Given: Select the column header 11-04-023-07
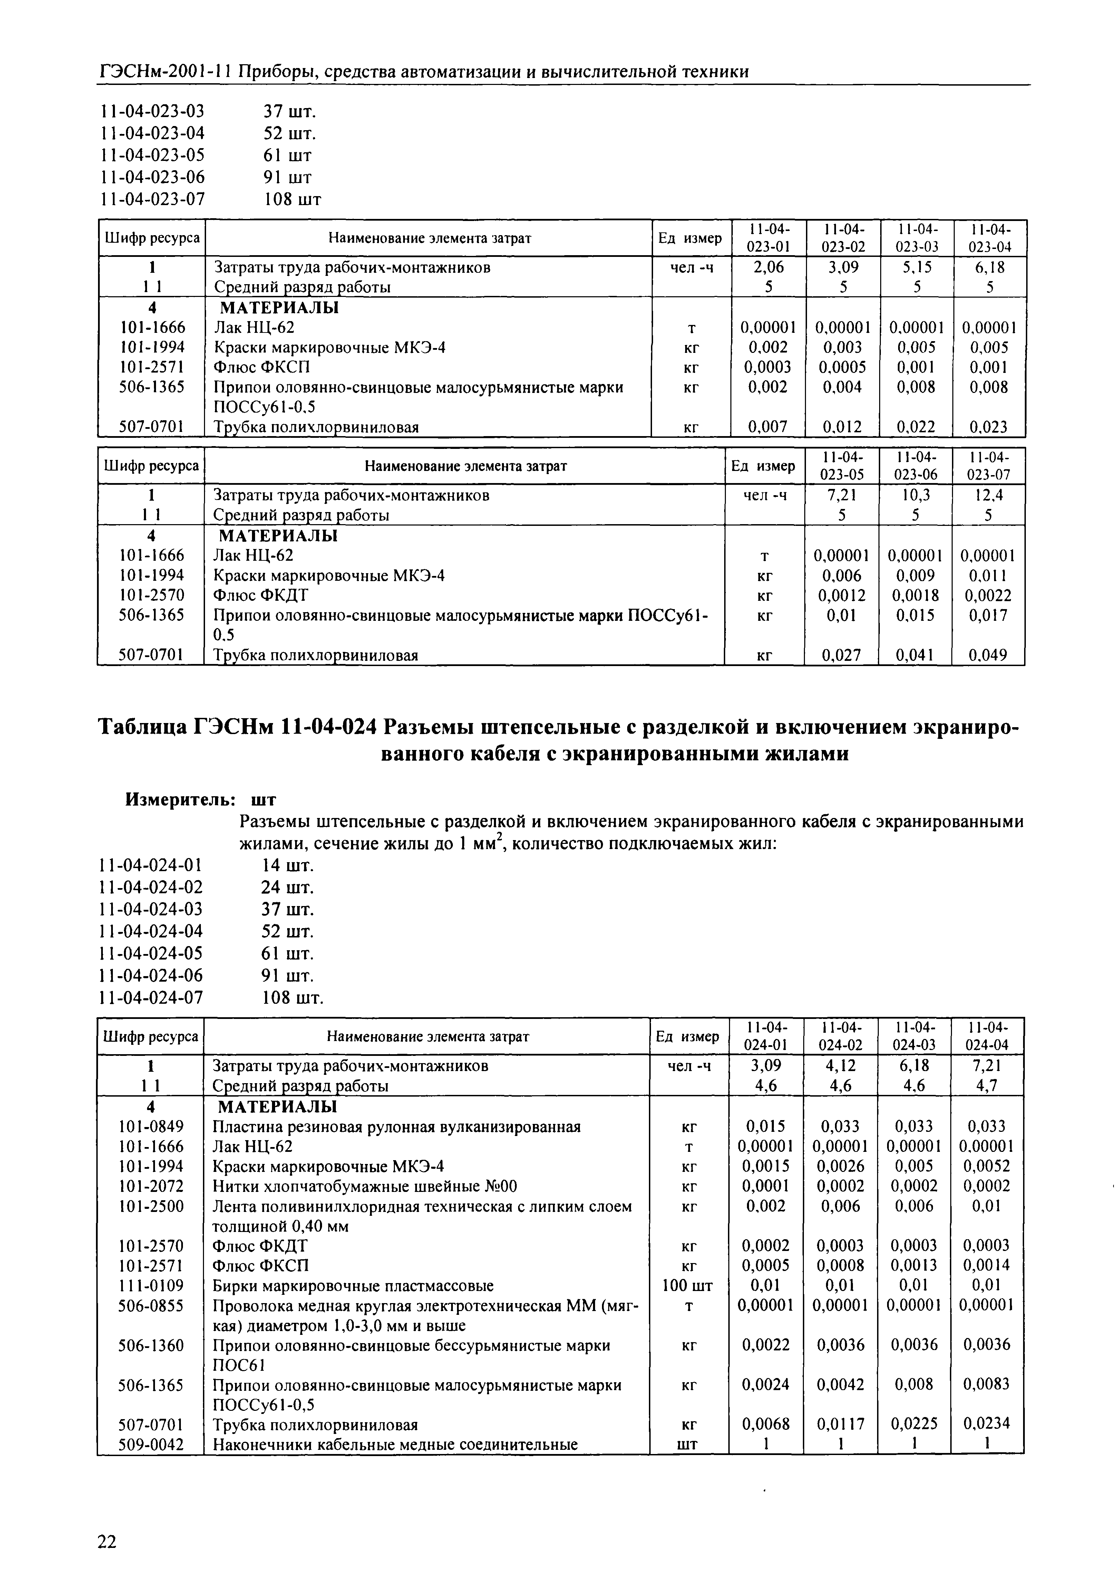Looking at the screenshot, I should tap(988, 466).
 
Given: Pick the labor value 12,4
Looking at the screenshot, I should tap(988, 495).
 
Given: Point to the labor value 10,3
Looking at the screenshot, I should tap(915, 495).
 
